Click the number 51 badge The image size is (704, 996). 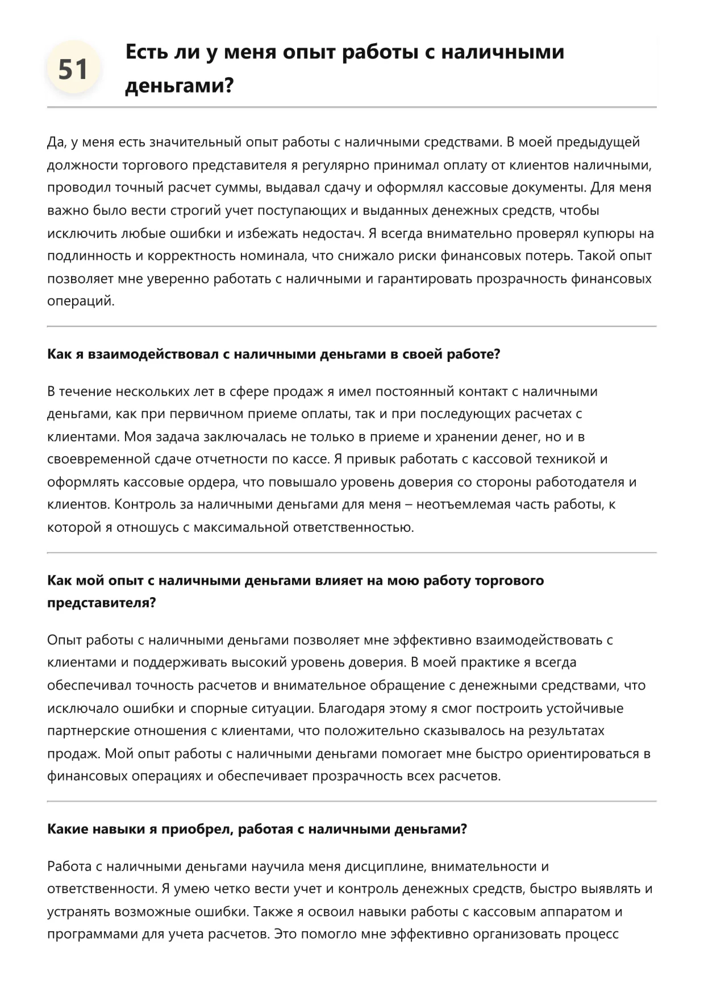[73, 69]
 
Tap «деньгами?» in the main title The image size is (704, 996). [179, 86]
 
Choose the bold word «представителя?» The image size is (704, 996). [101, 603]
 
